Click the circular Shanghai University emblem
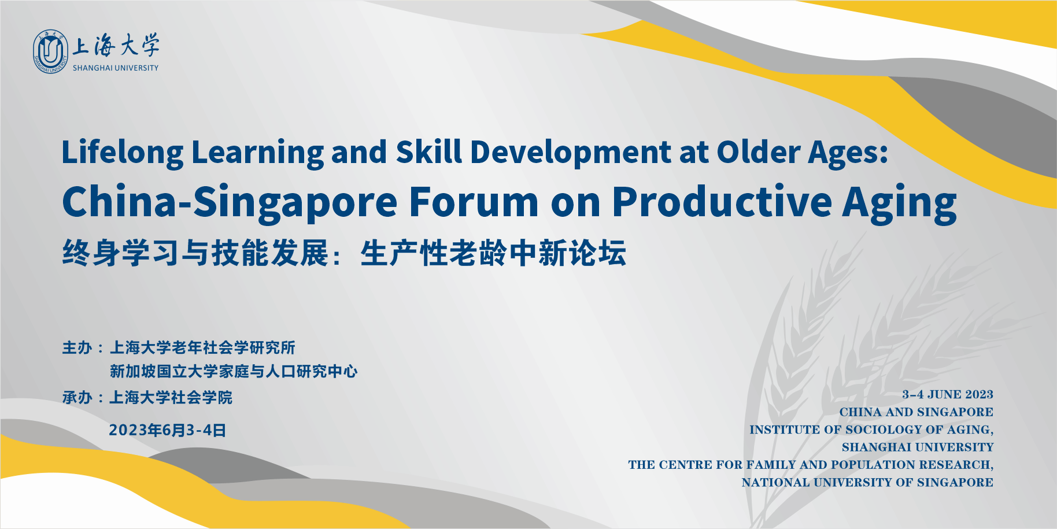click(x=51, y=52)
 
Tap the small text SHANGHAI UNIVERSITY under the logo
click(x=116, y=68)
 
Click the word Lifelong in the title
click(x=123, y=153)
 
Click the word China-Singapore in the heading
click(x=230, y=202)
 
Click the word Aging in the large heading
click(x=900, y=203)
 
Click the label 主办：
click(x=83, y=347)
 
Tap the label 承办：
click(x=83, y=397)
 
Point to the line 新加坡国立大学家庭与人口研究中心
click(x=234, y=371)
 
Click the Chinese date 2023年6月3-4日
click(x=167, y=430)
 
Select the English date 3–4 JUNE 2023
click(x=948, y=394)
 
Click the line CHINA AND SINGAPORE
click(x=916, y=412)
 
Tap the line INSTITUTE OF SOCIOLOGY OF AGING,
click(x=871, y=430)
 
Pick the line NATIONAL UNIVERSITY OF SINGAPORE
click(x=867, y=482)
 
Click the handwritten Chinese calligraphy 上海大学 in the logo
click(x=116, y=46)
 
